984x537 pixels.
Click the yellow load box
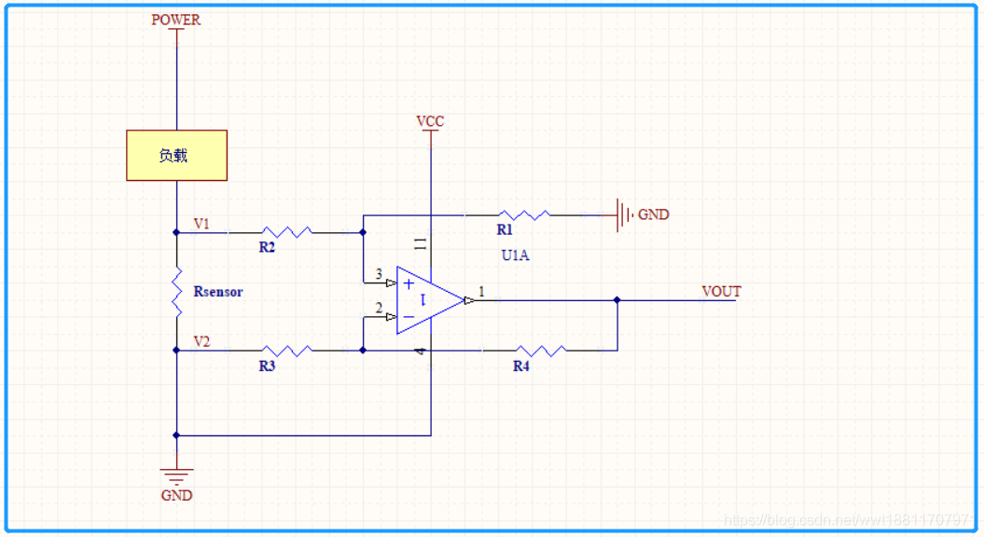[x=177, y=156]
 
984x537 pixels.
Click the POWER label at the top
[x=176, y=20]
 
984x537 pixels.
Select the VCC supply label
[x=430, y=122]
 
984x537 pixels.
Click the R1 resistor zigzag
[x=523, y=215]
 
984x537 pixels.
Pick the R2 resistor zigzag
[x=285, y=232]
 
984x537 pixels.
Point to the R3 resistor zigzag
[x=287, y=351]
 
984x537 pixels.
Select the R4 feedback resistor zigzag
[x=540, y=351]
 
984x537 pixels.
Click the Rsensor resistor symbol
[x=176, y=292]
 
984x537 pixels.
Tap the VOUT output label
[x=721, y=292]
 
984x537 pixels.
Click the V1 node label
[x=201, y=224]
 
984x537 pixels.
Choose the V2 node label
[x=201, y=342]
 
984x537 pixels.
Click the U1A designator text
[x=515, y=255]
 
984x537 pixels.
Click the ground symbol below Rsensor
[x=176, y=475]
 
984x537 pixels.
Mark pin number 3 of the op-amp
[x=379, y=274]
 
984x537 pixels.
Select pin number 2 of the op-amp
[x=379, y=308]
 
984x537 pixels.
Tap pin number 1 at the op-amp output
[x=481, y=292]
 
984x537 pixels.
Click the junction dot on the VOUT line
[x=617, y=300]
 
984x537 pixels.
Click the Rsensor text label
[x=218, y=292]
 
